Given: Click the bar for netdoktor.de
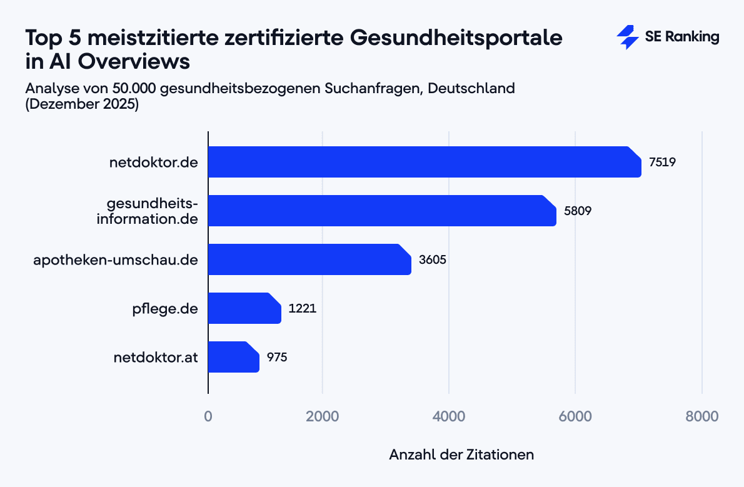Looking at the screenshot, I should tap(425, 162).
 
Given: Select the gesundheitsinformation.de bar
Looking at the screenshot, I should tap(382, 211).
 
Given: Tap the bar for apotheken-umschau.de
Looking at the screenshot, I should tap(309, 259).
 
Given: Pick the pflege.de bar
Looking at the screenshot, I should tap(244, 308).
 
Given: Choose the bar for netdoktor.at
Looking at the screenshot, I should tap(233, 357).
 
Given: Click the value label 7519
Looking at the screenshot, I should tap(663, 163).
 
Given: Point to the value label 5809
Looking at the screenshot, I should tap(578, 211).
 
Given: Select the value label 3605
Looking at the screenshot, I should tap(432, 260).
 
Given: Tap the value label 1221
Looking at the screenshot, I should tap(302, 309).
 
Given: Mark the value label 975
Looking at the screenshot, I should tap(277, 358).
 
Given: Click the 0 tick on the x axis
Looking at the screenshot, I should tap(208, 416).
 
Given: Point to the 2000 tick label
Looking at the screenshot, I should tap(323, 416).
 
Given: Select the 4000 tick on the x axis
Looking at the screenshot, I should tap(449, 416).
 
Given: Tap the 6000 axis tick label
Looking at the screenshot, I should tap(575, 416).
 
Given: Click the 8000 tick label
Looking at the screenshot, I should tap(702, 416).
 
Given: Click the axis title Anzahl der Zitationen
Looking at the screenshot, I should tap(461, 454).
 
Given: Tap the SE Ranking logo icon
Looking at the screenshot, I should tap(627, 38).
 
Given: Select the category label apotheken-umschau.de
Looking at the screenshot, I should tap(116, 260).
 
